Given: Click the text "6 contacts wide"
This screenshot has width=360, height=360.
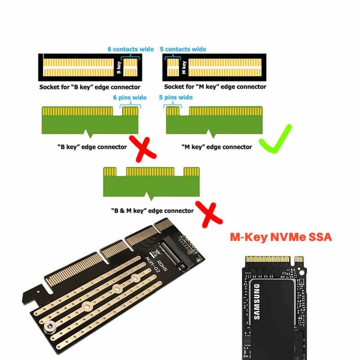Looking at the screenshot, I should (130, 49).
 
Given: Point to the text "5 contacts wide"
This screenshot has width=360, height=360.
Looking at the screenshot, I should (183, 49).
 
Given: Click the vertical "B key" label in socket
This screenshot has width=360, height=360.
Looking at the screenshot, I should (118, 68).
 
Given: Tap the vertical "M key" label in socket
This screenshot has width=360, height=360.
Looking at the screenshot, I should (184, 68).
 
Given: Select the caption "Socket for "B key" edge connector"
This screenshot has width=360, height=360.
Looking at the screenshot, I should (90, 87).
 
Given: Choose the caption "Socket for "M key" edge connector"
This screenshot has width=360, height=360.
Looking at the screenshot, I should (215, 87).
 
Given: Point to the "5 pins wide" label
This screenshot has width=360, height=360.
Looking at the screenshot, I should (176, 98).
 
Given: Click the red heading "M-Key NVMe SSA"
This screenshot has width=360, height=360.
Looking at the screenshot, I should (281, 237).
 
